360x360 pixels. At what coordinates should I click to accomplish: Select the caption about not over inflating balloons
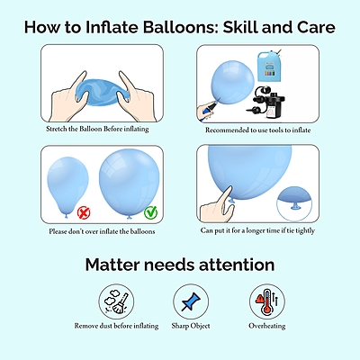tap(89, 231)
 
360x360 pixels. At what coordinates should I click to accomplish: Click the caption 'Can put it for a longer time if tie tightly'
tap(258, 230)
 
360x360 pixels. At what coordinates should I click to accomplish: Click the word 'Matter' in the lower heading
tap(117, 265)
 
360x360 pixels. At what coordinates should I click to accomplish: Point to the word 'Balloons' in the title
tap(184, 26)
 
